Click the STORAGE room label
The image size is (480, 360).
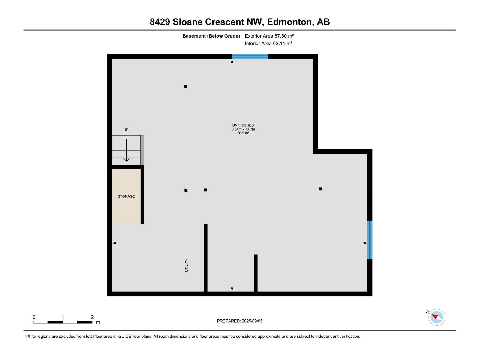126,196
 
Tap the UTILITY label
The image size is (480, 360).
187,265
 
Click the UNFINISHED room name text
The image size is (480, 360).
243,125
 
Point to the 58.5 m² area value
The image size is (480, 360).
243,133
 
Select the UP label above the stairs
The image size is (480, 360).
126,130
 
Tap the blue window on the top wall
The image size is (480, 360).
250,57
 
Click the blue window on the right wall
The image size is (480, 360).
370,240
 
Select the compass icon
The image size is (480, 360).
436,317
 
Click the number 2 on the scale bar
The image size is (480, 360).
92,317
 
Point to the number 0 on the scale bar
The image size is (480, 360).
34,317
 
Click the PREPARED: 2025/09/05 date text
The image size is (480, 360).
240,321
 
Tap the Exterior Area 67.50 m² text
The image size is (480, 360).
269,36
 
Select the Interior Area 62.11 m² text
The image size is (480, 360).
268,43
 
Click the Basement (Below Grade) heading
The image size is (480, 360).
211,36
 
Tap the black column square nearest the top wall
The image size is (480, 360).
186,86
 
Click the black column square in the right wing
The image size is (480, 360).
320,189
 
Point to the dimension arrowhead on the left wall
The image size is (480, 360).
115,243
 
